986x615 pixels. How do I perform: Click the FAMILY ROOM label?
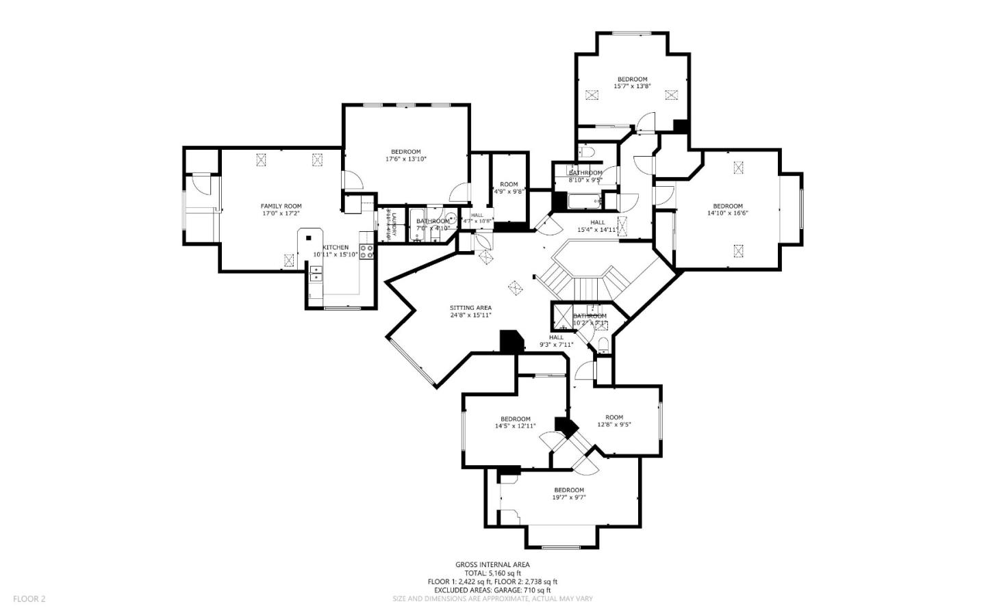tap(281, 206)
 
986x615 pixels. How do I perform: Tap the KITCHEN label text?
tap(336, 247)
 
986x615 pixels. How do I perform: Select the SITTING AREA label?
tap(470, 308)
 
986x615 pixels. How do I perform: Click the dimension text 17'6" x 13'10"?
tap(406, 159)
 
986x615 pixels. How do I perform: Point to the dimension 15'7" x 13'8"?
tap(632, 86)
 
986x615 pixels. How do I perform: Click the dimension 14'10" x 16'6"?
tap(727, 213)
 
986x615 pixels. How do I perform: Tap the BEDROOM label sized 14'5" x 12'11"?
tap(515, 419)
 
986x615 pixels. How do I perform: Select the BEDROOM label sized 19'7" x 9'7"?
tap(569, 490)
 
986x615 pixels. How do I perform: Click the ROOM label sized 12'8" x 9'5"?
tap(614, 417)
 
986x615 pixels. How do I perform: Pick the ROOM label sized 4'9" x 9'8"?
tap(509, 184)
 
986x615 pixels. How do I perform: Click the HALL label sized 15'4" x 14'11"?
tap(598, 222)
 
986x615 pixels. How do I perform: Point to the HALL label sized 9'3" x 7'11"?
tap(556, 337)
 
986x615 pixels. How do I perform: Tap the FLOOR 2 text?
tap(29, 599)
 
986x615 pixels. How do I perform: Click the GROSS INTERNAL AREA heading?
tap(492, 564)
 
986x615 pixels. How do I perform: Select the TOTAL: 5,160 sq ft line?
tap(492, 573)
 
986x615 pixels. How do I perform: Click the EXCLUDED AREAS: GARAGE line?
tap(492, 590)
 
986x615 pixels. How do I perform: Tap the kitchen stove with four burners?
tap(367, 251)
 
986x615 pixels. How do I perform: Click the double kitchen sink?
tap(315, 274)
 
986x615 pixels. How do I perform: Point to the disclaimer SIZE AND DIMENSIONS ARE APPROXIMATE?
tap(492, 599)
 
